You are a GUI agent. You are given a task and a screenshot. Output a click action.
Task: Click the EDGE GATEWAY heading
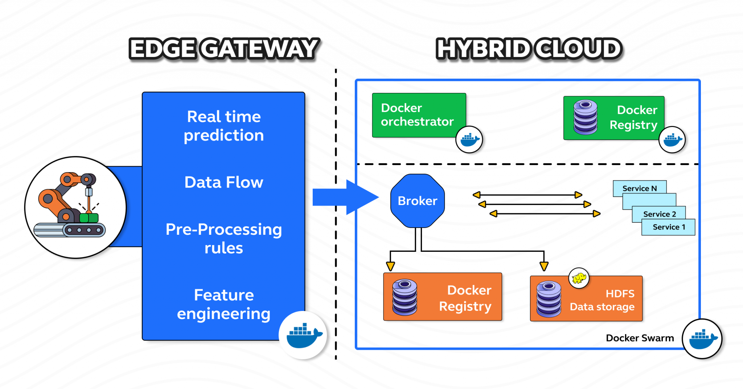pyautogui.click(x=224, y=49)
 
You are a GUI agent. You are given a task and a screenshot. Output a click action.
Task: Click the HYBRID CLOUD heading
pyautogui.click(x=529, y=49)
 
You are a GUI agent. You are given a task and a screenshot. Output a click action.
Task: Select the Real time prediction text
pyautogui.click(x=224, y=126)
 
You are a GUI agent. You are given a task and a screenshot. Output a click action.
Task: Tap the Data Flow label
pyautogui.click(x=224, y=182)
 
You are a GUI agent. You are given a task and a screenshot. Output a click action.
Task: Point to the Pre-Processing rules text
pyautogui.click(x=224, y=238)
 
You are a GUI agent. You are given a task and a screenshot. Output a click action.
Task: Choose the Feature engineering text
pyautogui.click(x=224, y=304)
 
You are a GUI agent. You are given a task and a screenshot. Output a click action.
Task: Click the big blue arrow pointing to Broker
pyautogui.click(x=345, y=197)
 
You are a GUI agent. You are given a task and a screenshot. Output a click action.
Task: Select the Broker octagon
pyautogui.click(x=417, y=201)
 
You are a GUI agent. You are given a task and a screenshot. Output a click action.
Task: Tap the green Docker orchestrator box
pyautogui.click(x=417, y=115)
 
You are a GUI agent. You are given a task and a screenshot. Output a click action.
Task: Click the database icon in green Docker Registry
pyautogui.click(x=585, y=117)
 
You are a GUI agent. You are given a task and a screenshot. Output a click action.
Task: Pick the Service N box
pyautogui.click(x=639, y=188)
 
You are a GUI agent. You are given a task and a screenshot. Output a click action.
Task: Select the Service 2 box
pyautogui.click(x=659, y=214)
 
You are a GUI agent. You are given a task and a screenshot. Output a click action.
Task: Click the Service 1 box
pyautogui.click(x=669, y=227)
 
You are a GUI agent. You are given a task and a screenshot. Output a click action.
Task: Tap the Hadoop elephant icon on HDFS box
pyautogui.click(x=579, y=278)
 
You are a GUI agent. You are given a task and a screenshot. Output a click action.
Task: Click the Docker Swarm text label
pyautogui.click(x=640, y=338)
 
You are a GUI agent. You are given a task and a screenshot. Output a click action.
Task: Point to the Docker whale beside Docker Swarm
pyautogui.click(x=702, y=339)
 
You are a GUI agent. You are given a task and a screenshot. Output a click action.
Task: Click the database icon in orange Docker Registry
pyautogui.click(x=405, y=297)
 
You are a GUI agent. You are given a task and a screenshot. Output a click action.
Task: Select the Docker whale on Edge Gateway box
pyautogui.click(x=303, y=335)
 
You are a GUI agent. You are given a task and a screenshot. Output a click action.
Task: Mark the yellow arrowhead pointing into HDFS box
pyautogui.click(x=543, y=267)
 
